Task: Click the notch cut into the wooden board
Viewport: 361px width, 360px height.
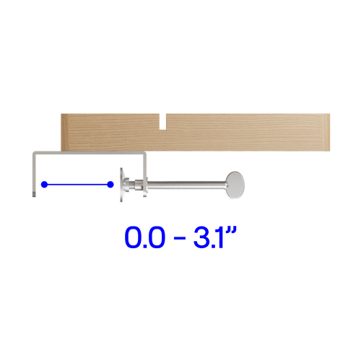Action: pyautogui.click(x=163, y=122)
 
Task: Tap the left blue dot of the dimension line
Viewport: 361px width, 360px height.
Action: pyautogui.click(x=44, y=185)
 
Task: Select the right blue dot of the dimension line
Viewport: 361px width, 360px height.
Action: pyautogui.click(x=110, y=185)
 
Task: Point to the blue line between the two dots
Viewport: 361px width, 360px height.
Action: pyautogui.click(x=77, y=185)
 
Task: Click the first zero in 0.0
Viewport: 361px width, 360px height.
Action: pyautogui.click(x=134, y=237)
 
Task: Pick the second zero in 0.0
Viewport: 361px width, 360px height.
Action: pyautogui.click(x=157, y=237)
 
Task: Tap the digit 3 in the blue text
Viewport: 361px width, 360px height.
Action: pyautogui.click(x=202, y=237)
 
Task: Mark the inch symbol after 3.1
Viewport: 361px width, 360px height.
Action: pyautogui.click(x=232, y=230)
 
